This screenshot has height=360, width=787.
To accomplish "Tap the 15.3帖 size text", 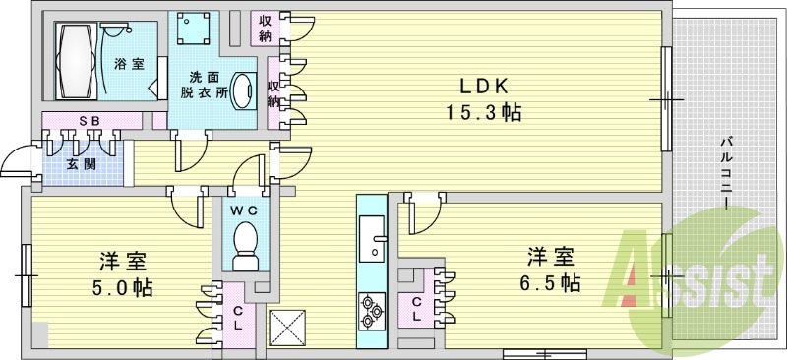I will tap(480, 112).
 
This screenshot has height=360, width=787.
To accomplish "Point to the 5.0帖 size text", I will tap(122, 289).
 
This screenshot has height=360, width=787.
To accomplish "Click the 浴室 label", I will tap(128, 64).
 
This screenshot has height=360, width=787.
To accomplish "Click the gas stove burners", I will tap(372, 310).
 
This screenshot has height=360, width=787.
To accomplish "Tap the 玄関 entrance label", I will tap(80, 164).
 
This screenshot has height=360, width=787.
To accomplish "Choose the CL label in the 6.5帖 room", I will tap(417, 310).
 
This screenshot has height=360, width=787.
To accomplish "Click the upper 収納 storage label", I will tap(266, 29).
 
